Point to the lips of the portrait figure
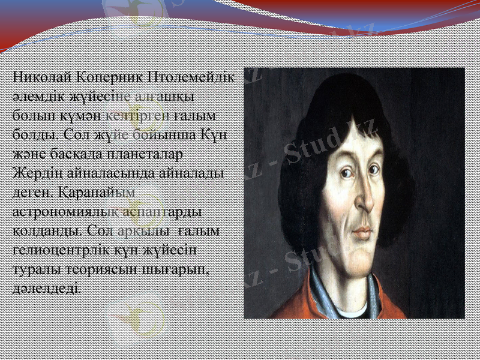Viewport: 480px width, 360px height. pos(361,230)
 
